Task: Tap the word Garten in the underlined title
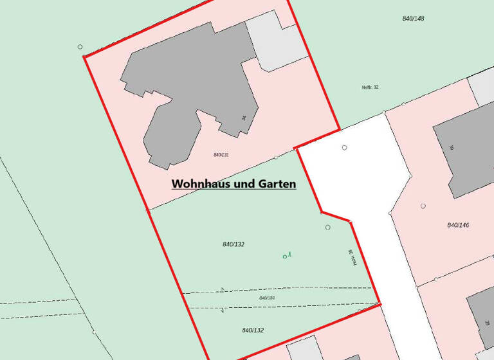tap(275, 184)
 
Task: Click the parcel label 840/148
tap(413, 18)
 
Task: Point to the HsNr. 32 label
tap(370, 87)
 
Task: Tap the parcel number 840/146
tap(458, 225)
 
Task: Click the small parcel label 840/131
tap(221, 155)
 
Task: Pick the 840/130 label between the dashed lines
tap(267, 298)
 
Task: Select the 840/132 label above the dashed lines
tap(233, 244)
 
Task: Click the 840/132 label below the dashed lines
tap(253, 330)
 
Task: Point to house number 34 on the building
tap(244, 118)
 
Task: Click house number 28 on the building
tap(487, 322)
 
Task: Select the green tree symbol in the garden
tap(286, 256)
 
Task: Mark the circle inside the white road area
tap(345, 148)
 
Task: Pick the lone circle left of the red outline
tap(80, 46)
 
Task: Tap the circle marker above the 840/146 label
tap(423, 206)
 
